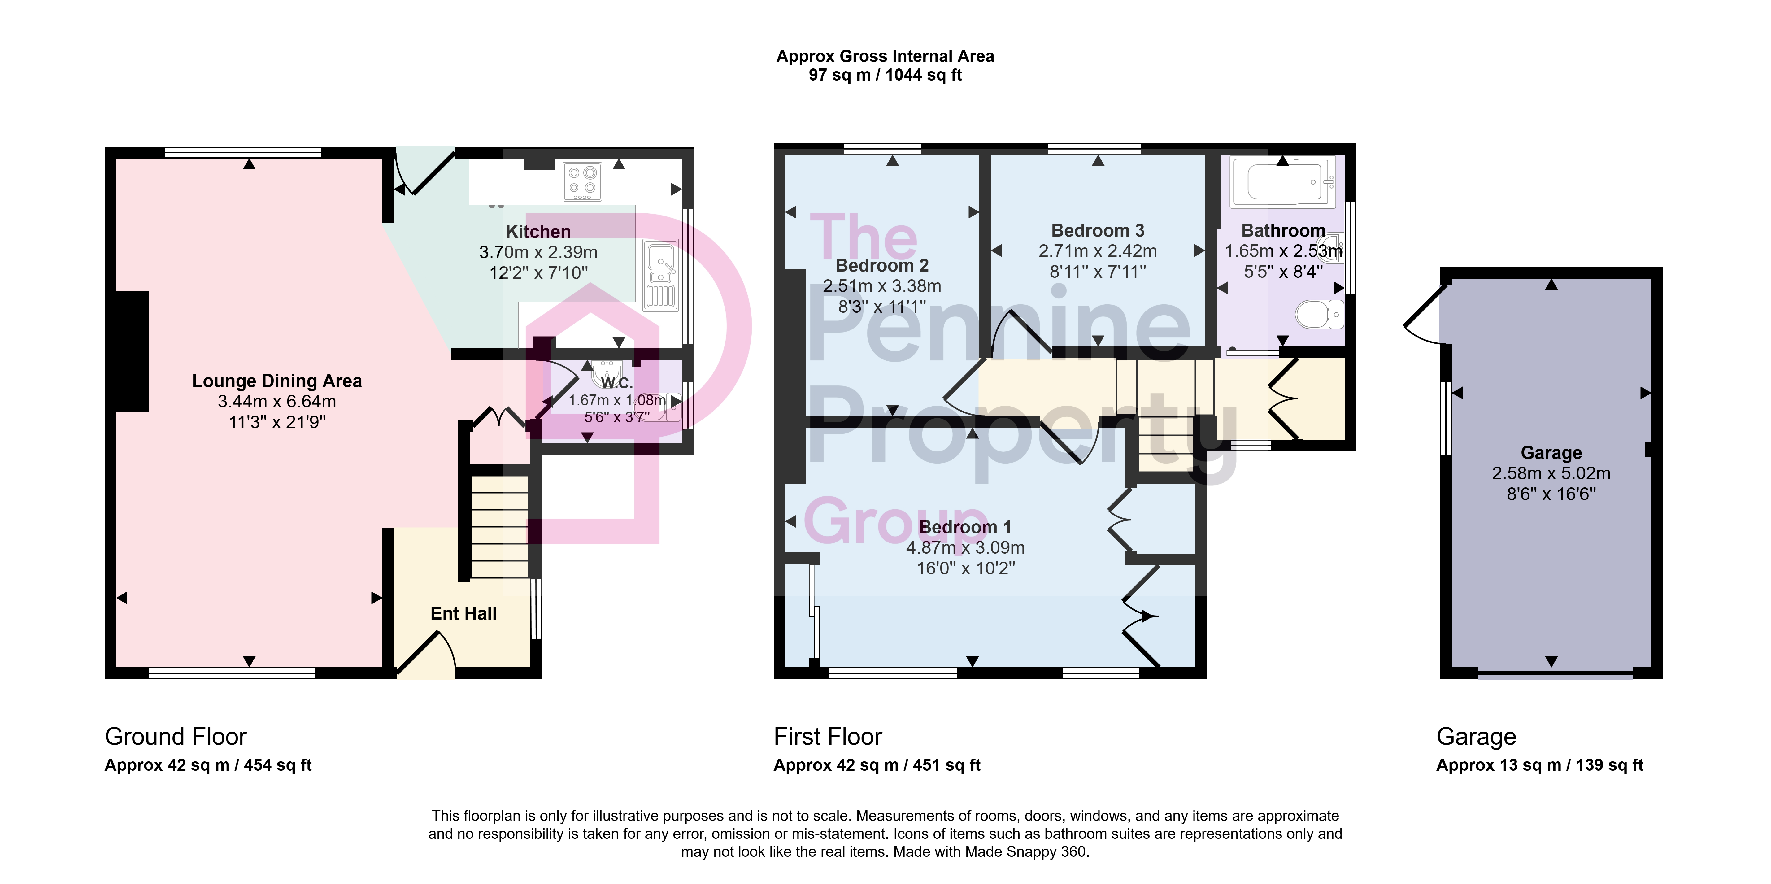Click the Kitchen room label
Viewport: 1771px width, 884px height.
[538, 232]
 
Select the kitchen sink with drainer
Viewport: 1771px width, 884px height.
[661, 275]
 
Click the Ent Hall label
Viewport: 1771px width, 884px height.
[463, 613]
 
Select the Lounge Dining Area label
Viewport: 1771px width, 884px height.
[277, 381]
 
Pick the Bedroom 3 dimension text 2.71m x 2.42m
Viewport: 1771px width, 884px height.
[1098, 251]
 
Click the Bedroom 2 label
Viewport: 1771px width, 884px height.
[882, 265]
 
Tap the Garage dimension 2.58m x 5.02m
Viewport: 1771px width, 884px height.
[1551, 473]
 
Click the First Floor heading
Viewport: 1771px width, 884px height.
[828, 736]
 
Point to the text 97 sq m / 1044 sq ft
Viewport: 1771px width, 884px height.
[885, 75]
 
